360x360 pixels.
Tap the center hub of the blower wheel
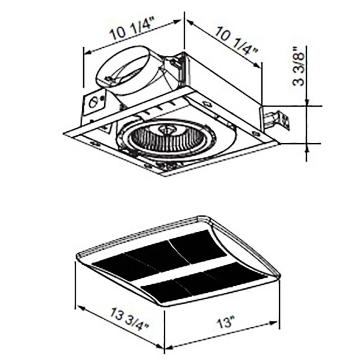coord(164,130)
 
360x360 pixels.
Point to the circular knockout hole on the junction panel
coord(94,102)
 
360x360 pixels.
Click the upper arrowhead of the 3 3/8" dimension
coord(307,102)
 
